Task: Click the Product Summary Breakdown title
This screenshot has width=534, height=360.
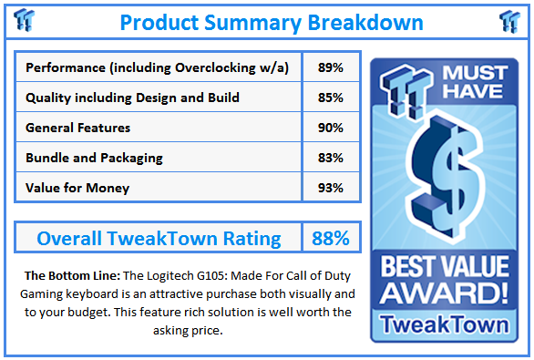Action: pos(271,22)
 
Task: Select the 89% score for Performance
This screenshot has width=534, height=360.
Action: pos(330,68)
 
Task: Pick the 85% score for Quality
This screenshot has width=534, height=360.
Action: pos(330,98)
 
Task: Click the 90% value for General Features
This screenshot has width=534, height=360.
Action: pos(330,128)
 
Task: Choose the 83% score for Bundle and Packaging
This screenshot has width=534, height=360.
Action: pos(330,158)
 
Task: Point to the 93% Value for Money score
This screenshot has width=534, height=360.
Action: pos(330,187)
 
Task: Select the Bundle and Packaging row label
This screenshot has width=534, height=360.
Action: pos(94,158)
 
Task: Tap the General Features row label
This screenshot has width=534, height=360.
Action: pos(77,128)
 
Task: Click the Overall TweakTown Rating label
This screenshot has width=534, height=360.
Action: pos(159,239)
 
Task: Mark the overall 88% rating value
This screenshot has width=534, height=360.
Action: pos(330,239)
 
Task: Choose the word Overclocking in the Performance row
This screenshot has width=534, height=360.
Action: pos(211,68)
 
